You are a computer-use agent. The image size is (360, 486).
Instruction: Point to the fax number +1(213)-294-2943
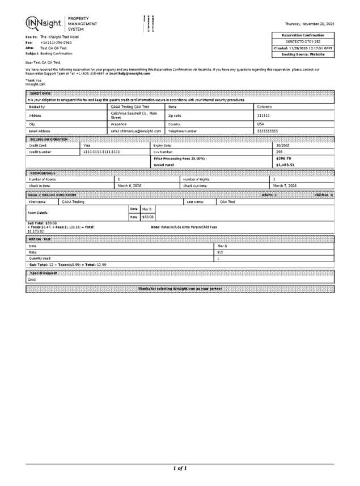coord(56,43)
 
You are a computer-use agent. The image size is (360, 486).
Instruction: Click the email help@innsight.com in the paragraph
coord(134,74)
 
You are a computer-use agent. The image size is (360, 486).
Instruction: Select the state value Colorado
coord(265,107)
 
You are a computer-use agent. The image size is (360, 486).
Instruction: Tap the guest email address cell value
coord(136,131)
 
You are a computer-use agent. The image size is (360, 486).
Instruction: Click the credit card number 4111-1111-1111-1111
coord(101,152)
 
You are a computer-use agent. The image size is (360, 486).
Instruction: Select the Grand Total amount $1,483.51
coord(285,165)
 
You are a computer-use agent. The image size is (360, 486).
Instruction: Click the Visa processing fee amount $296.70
coord(283,158)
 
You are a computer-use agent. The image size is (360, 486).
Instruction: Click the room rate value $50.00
coord(147,217)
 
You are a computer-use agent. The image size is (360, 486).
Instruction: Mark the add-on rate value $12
coord(221,252)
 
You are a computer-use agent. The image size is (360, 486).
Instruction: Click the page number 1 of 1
coord(180,468)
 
